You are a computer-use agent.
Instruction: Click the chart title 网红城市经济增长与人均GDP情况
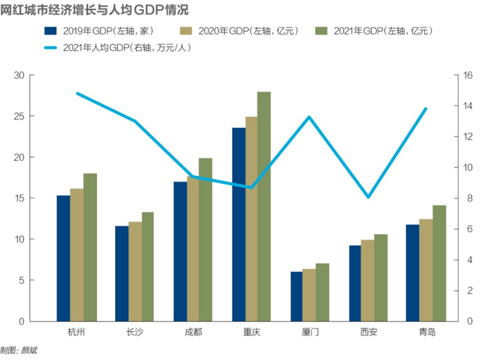[x=94, y=10]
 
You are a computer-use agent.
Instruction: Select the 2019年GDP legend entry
[x=96, y=31]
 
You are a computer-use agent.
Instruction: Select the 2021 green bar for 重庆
[x=264, y=207]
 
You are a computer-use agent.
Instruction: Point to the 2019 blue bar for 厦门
[x=296, y=297]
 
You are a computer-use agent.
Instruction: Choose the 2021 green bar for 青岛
[x=439, y=263]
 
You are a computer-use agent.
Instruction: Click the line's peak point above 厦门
[x=309, y=117]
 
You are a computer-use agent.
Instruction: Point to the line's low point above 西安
[x=368, y=197]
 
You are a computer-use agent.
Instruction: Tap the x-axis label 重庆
[x=251, y=332]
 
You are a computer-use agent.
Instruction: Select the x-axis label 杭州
[x=76, y=332]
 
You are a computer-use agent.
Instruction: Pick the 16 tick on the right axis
[x=469, y=76]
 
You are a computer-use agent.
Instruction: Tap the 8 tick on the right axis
[x=469, y=198]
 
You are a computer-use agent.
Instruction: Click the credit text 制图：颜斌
[x=19, y=350]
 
